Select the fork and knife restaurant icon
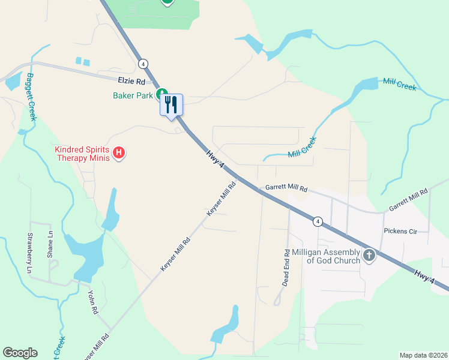(x=172, y=104)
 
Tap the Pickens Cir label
(x=400, y=231)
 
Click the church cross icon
(x=369, y=256)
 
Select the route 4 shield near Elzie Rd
(x=142, y=63)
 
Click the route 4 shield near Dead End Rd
(x=318, y=221)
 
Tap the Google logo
(x=20, y=353)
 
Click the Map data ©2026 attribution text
(x=423, y=355)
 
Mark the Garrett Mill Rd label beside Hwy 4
(x=283, y=188)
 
